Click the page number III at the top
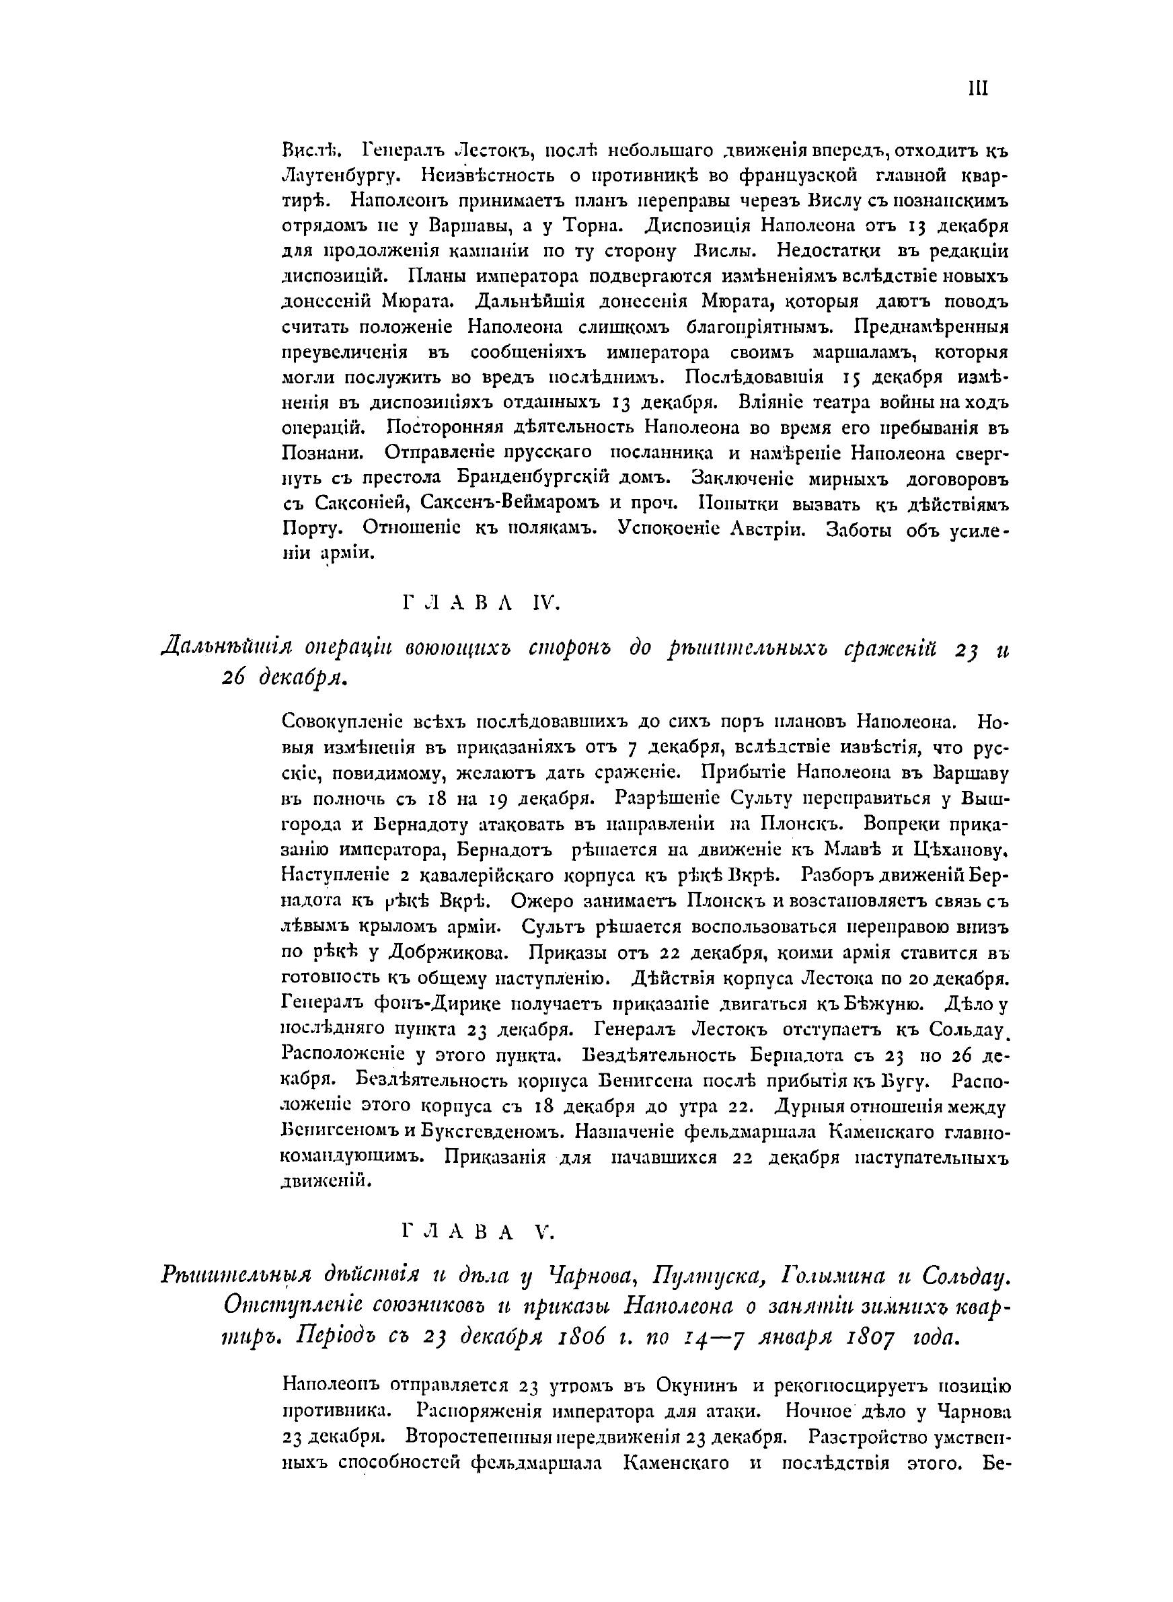pyautogui.click(x=978, y=88)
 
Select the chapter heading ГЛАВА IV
pyautogui.click(x=482, y=603)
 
